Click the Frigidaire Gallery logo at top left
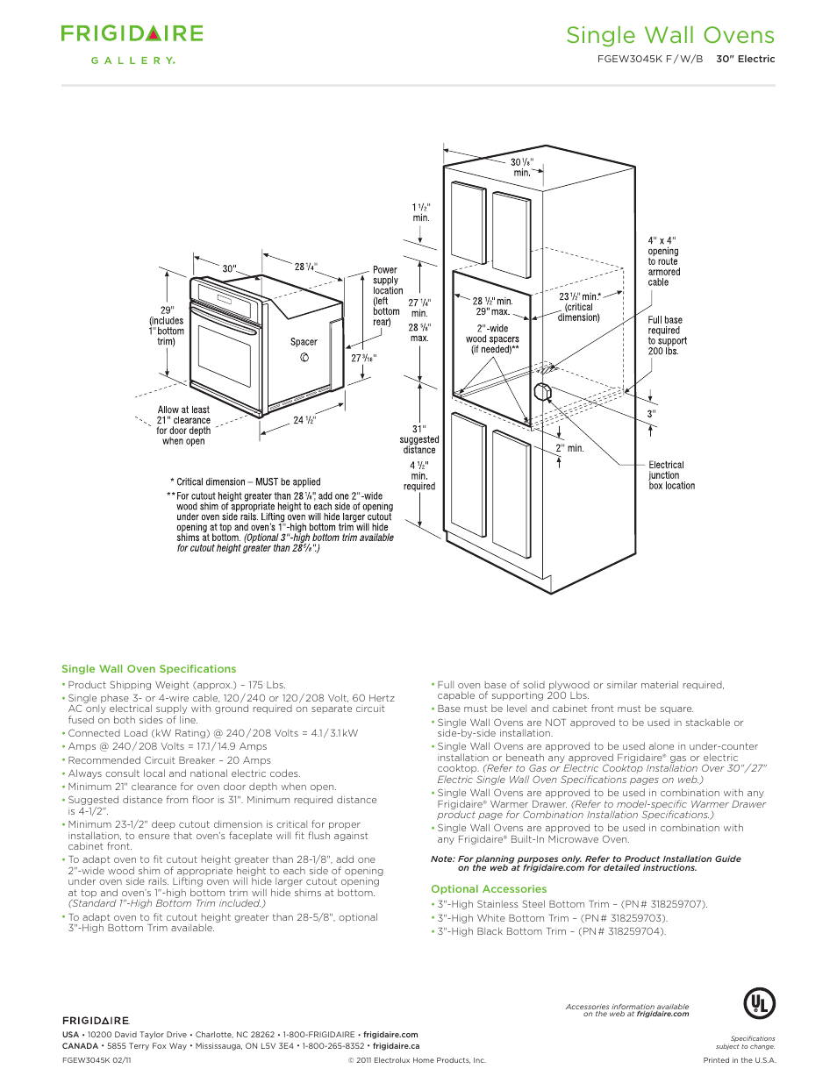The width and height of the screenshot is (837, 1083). [x=132, y=43]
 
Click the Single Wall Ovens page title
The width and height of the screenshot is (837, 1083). [x=669, y=35]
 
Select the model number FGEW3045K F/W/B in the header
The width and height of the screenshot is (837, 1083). [x=649, y=60]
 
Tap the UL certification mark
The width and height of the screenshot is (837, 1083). [x=759, y=1003]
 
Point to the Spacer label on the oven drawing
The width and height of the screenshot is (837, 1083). [x=304, y=342]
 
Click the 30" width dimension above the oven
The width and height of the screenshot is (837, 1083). [x=229, y=268]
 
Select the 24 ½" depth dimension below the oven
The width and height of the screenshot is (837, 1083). [x=304, y=421]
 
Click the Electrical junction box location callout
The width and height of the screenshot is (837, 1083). [x=671, y=475]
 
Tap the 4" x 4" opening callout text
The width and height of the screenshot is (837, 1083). [x=663, y=261]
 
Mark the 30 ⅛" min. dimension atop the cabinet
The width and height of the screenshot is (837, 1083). [x=522, y=167]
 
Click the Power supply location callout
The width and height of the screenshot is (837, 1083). [x=387, y=296]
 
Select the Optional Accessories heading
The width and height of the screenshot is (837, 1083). [x=489, y=889]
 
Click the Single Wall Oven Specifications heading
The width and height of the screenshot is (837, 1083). [x=149, y=669]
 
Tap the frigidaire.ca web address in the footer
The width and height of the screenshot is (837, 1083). [x=396, y=1045]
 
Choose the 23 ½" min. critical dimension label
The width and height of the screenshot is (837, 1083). [x=580, y=307]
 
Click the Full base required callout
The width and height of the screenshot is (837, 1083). [x=667, y=336]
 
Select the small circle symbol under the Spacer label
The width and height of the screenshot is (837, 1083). [x=304, y=357]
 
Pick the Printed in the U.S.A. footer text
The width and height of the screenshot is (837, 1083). [x=739, y=1060]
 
